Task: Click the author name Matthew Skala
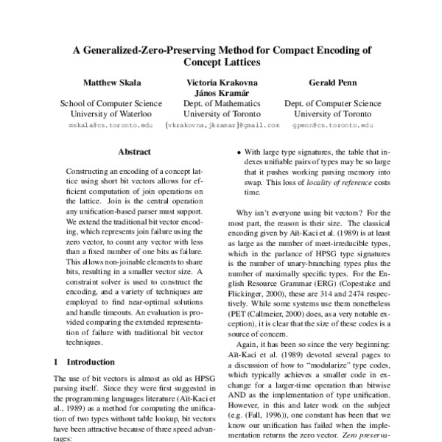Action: click(x=100, y=83)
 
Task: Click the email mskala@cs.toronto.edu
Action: click(x=100, y=125)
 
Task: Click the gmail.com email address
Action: click(x=222, y=125)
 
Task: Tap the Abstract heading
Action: click(x=134, y=153)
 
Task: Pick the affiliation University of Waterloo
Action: click(x=100, y=114)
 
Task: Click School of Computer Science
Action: click(x=100, y=104)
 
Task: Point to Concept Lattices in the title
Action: click(x=222, y=63)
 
